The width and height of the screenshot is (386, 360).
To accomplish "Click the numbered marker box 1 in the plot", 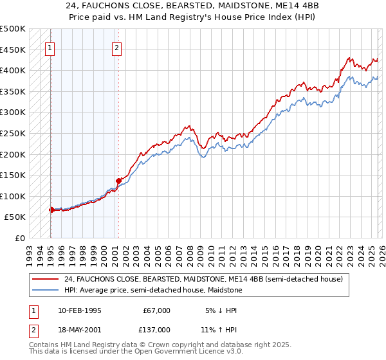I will (x=50, y=47).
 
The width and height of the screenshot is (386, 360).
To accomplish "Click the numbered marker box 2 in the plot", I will (x=116, y=47).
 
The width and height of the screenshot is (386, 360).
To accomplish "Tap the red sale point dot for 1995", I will (x=51, y=210).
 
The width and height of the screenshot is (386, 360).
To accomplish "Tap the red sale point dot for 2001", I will (x=118, y=181).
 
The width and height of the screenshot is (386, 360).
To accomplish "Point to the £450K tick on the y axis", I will (x=13, y=50).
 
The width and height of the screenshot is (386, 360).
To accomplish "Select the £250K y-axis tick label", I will (x=13, y=133).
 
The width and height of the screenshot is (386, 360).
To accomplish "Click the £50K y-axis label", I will (x=15, y=217).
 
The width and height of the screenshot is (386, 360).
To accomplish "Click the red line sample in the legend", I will (x=46, y=279).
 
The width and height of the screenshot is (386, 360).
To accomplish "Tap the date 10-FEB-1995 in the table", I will (x=79, y=310).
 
